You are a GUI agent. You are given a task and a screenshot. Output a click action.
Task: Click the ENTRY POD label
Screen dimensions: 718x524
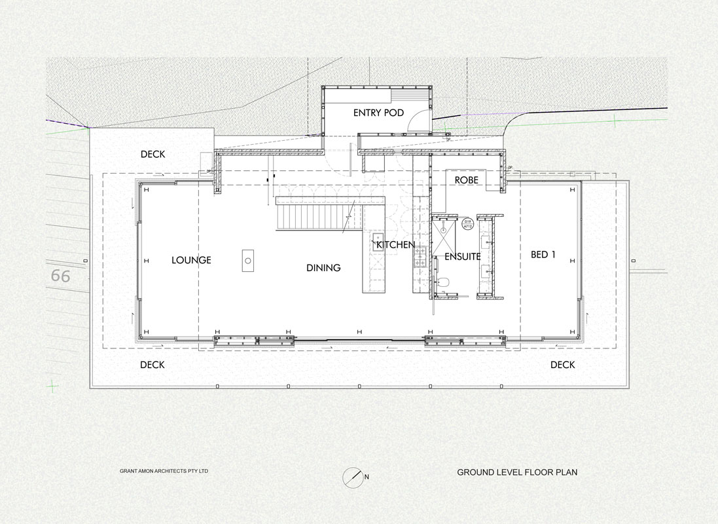(378, 113)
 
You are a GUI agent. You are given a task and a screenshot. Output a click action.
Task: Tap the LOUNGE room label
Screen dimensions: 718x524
(191, 261)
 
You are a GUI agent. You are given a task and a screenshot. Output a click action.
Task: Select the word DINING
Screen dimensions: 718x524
(323, 268)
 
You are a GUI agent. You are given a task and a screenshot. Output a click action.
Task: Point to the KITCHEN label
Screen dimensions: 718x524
(395, 245)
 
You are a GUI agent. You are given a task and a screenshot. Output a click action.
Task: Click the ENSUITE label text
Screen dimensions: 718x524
(463, 257)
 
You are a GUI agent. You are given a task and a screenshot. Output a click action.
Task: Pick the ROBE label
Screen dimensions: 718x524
(467, 180)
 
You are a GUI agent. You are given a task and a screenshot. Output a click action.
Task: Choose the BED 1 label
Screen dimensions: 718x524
(543, 254)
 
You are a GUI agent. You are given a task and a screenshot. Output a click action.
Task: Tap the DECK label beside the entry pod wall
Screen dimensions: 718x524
(153, 155)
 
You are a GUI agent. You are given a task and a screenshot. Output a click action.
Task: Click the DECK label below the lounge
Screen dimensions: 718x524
(153, 365)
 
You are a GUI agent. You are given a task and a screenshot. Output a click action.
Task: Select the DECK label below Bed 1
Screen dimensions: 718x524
(563, 365)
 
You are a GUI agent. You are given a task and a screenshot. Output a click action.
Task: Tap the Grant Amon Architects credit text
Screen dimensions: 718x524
(164, 471)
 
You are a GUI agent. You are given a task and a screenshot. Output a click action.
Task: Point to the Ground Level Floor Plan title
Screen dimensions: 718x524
(517, 472)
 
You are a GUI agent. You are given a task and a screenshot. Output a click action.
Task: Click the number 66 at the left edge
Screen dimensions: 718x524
(60, 276)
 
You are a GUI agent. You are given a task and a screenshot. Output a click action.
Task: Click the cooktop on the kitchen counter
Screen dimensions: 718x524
(420, 257)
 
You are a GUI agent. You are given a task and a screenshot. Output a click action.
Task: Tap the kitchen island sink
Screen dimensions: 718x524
(378, 241)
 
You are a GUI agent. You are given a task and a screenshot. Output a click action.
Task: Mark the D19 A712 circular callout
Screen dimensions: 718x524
(467, 224)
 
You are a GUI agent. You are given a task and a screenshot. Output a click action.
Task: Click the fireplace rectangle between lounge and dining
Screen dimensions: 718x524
(247, 261)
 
